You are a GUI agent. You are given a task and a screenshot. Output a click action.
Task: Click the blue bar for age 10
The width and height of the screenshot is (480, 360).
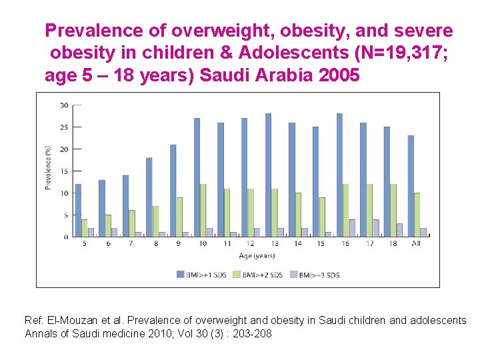(x=197, y=177)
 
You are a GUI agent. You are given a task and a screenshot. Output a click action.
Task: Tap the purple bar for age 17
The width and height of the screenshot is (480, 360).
(x=376, y=228)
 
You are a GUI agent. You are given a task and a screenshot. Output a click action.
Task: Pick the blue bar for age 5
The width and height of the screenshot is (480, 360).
(x=78, y=210)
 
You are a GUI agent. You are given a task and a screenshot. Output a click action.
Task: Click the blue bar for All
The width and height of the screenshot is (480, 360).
(x=411, y=186)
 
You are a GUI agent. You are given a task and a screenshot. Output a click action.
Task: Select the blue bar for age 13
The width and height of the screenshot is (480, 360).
(x=268, y=175)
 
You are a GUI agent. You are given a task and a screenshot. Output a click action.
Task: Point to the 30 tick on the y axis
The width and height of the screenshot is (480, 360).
(x=64, y=105)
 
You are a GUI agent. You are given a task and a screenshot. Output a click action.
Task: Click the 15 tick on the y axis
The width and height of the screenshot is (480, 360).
(x=64, y=171)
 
